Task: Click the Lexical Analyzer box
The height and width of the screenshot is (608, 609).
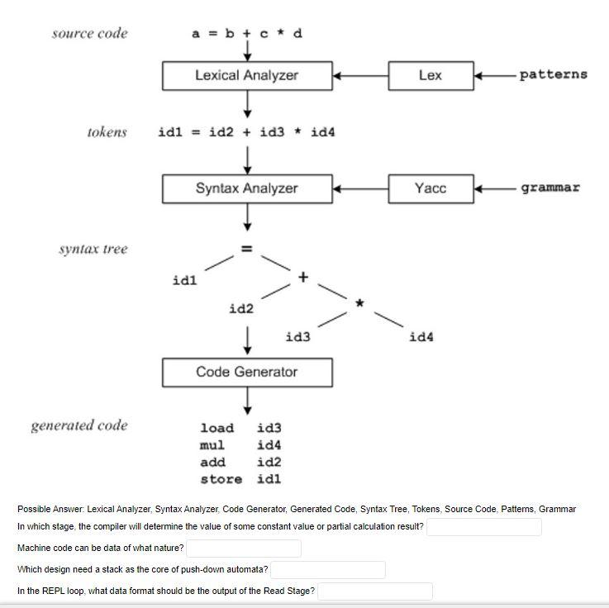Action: click(x=246, y=75)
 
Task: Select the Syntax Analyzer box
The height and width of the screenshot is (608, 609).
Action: click(x=246, y=188)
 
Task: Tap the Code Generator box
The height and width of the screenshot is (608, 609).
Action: click(x=246, y=372)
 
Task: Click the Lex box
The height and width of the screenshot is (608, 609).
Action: click(x=431, y=75)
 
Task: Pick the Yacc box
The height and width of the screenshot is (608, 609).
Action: click(x=431, y=188)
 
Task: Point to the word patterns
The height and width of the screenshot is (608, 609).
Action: click(x=554, y=74)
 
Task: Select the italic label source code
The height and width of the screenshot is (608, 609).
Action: click(x=89, y=34)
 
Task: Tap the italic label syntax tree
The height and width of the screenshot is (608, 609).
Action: click(x=93, y=249)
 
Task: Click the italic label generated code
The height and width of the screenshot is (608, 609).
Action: click(x=79, y=425)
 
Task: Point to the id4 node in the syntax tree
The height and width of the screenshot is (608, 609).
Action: click(x=421, y=337)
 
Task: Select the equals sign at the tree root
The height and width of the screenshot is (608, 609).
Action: click(x=245, y=248)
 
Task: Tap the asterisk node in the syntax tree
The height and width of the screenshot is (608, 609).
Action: click(x=359, y=305)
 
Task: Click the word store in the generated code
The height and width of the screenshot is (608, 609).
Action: click(x=221, y=479)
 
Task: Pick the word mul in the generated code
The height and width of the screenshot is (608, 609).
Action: click(x=212, y=445)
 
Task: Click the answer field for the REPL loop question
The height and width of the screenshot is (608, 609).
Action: click(x=375, y=591)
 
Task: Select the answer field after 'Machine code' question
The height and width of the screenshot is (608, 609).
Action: click(x=244, y=549)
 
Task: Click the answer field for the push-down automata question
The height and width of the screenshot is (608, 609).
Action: click(x=328, y=570)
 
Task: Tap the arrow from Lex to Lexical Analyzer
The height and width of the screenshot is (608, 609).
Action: click(x=360, y=75)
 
